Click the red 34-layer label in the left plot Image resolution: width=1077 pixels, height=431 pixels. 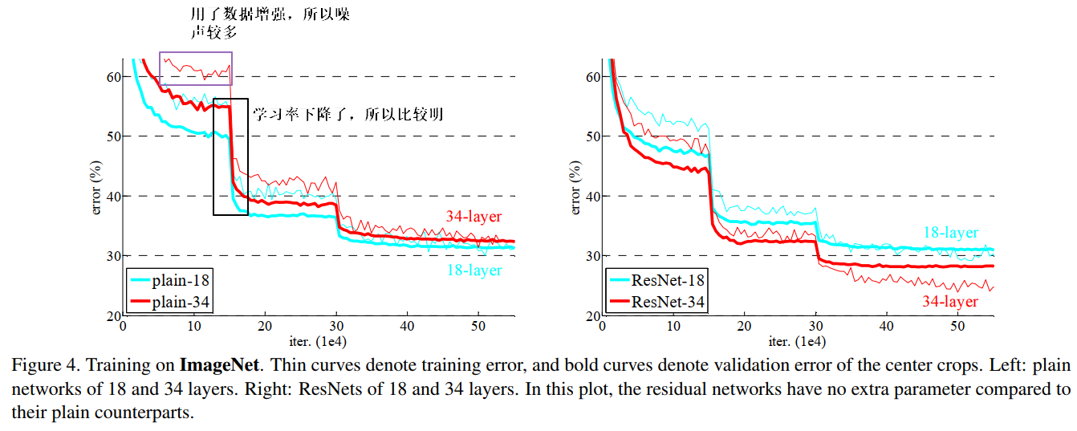click(474, 216)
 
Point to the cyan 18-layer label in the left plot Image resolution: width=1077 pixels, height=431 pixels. click(474, 270)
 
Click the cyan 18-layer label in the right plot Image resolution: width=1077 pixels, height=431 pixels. click(950, 232)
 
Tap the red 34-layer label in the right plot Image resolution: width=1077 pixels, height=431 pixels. click(950, 301)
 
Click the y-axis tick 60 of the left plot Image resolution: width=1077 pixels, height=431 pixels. click(112, 77)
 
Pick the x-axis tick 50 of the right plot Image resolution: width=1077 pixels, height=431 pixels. click(958, 327)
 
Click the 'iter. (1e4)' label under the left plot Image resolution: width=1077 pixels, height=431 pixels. click(319, 341)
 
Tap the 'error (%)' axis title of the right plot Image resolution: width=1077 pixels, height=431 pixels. click(575, 186)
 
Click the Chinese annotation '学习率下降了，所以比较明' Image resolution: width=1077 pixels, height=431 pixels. click(348, 115)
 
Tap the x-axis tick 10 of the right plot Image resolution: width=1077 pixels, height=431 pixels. click(673, 327)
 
